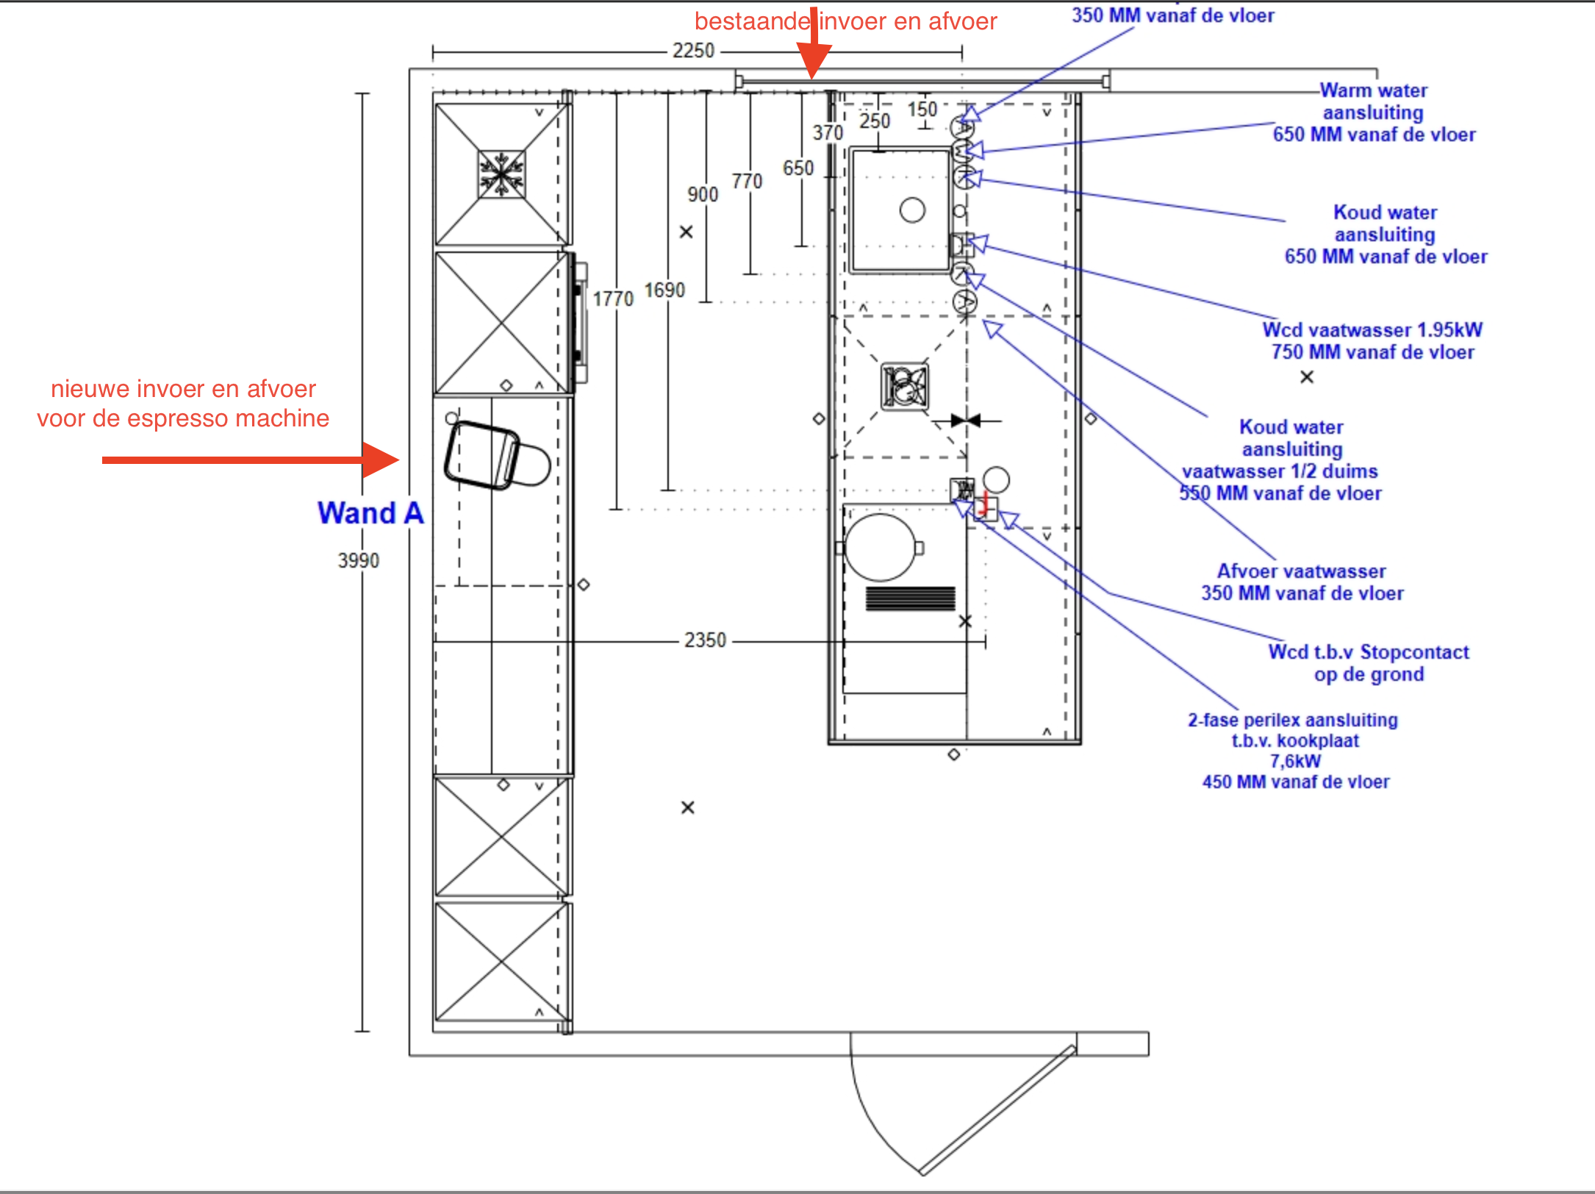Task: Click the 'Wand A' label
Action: click(370, 513)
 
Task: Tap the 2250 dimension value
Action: click(693, 51)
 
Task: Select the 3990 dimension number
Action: click(359, 561)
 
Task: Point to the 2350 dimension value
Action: click(705, 640)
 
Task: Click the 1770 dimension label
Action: click(613, 299)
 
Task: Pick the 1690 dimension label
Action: click(664, 290)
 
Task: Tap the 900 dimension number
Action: click(703, 195)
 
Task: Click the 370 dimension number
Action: click(828, 133)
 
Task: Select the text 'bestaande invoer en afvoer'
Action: click(845, 21)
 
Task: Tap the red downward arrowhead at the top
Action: click(813, 60)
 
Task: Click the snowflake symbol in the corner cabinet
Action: click(501, 175)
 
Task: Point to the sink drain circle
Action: click(912, 210)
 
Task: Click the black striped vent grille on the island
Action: click(910, 598)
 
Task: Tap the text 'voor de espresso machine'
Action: click(183, 418)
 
